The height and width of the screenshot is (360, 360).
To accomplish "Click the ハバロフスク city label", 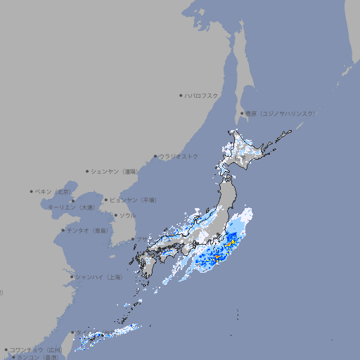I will point(201,96).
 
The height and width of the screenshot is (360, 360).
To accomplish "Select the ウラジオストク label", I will point(179,156).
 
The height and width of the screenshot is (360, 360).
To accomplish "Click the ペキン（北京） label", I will point(53,191).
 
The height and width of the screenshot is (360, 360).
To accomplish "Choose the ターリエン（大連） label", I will point(71,207).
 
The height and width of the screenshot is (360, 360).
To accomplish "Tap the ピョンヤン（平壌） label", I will point(133,200).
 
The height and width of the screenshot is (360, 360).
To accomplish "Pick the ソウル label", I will point(127,215).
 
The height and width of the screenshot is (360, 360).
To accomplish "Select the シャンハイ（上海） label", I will point(98,277).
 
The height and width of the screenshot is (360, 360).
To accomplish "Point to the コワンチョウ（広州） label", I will point(35,349).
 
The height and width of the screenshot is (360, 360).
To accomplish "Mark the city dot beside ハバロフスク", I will point(181,96).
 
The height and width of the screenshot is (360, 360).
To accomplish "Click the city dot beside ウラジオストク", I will point(155,156).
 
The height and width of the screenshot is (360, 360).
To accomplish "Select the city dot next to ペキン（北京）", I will point(32,191).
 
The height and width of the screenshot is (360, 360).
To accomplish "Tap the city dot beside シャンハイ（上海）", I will point(72,277).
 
